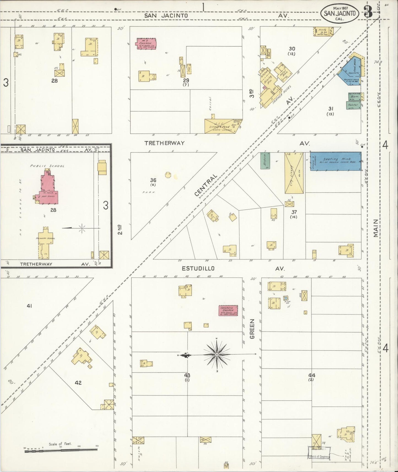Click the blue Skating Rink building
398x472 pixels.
(335, 161)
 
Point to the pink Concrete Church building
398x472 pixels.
(228, 310)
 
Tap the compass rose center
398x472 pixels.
(217, 354)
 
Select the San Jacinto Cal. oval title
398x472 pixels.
(339, 13)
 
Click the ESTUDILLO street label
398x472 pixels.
(198, 268)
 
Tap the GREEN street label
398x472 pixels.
(252, 329)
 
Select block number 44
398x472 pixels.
(312, 375)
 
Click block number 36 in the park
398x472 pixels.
(153, 180)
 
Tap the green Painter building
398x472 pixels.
(353, 105)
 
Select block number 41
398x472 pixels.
(29, 306)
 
